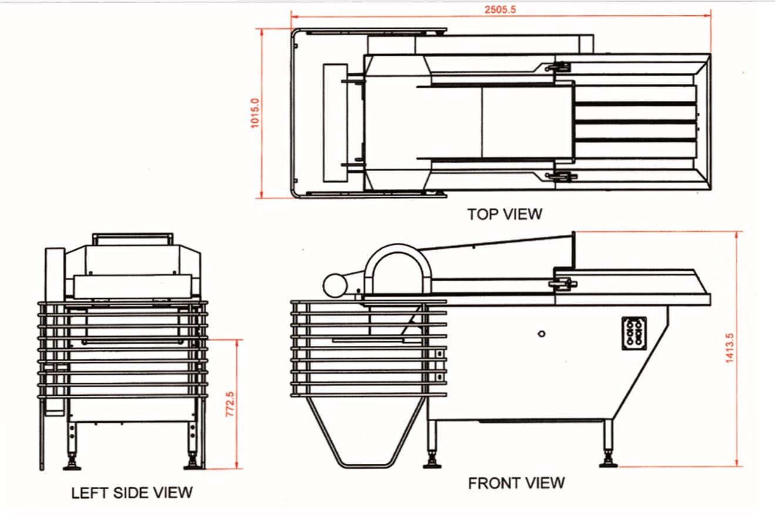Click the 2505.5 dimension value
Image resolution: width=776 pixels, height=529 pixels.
pyautogui.click(x=500, y=10)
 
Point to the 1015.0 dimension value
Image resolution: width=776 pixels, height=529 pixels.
pyautogui.click(x=254, y=113)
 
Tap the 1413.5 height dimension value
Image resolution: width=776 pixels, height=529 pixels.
pyautogui.click(x=730, y=348)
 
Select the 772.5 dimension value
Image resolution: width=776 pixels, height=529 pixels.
pyautogui.click(x=230, y=404)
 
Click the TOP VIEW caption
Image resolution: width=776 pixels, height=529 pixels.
pyautogui.click(x=505, y=214)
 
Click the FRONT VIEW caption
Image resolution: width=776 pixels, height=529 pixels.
pyautogui.click(x=516, y=483)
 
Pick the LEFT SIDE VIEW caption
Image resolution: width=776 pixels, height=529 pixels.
pyautogui.click(x=132, y=493)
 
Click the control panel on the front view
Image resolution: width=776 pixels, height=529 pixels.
pyautogui.click(x=634, y=333)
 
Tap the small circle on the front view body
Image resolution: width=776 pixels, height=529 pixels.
pyautogui.click(x=542, y=333)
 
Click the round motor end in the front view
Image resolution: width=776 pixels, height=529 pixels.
pyautogui.click(x=335, y=285)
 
